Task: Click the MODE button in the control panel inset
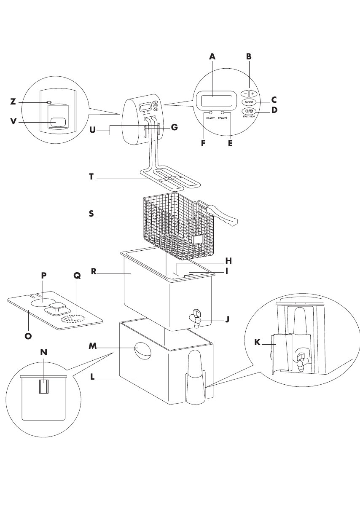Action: (249, 102)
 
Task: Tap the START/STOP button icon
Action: (249, 112)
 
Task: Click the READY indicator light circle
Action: (210, 113)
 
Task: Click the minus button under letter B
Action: (245, 93)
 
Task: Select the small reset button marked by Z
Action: (49, 102)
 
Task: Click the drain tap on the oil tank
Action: (195, 319)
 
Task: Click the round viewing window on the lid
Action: (41, 303)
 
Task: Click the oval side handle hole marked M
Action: (142, 351)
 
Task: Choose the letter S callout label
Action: (91, 214)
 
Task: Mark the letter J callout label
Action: (227, 319)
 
